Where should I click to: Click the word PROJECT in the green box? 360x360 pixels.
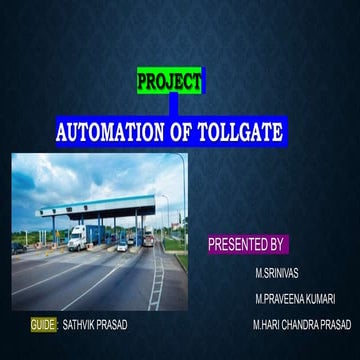[x=168, y=82]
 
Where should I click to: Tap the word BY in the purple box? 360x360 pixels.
[x=278, y=243]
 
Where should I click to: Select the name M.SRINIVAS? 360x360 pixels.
[x=276, y=272]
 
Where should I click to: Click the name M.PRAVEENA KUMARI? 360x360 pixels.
[x=295, y=299]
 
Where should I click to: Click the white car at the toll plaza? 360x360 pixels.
[x=122, y=246]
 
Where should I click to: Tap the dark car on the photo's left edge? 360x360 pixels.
[x=17, y=247]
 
